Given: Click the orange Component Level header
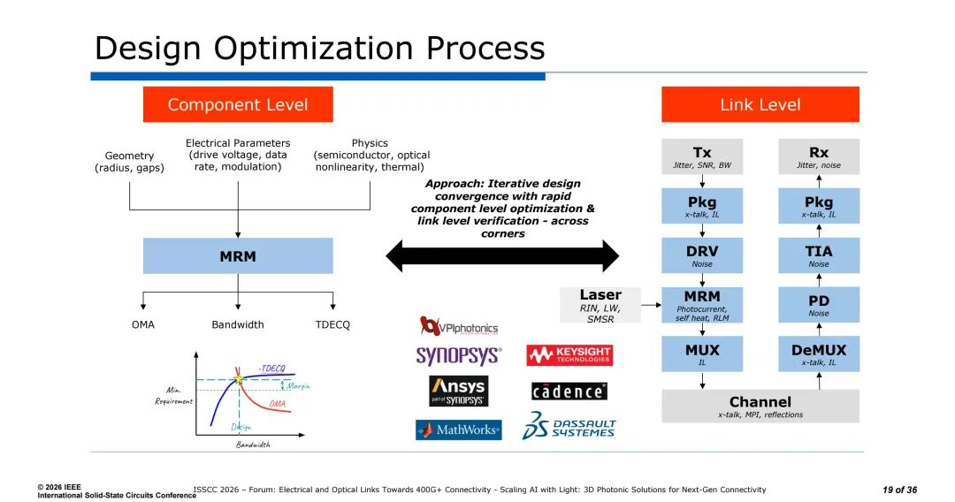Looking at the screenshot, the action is click(x=238, y=104).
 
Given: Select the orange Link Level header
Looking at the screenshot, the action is click(x=760, y=104).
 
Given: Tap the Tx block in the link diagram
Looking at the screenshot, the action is click(x=702, y=156).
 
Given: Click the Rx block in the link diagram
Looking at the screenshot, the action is click(x=819, y=156).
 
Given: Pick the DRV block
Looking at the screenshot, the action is click(x=702, y=255).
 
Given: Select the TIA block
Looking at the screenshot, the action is click(x=819, y=255).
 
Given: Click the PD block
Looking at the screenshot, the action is click(x=819, y=304).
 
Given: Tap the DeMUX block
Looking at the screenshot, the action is click(x=819, y=354).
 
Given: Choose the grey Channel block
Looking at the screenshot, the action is click(x=760, y=406).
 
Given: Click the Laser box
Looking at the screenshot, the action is click(x=600, y=305).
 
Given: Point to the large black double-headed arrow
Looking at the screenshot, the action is click(x=502, y=256).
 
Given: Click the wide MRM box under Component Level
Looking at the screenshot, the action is click(x=238, y=256).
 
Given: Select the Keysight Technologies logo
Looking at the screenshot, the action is click(x=569, y=355).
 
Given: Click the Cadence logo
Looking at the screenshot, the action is click(x=569, y=391).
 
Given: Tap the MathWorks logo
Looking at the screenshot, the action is click(x=458, y=430).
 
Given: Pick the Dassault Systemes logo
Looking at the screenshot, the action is click(x=569, y=426).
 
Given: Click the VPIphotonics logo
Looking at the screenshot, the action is click(x=458, y=327).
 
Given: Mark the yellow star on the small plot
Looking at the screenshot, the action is click(x=238, y=380).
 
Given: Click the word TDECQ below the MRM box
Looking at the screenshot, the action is click(x=332, y=324).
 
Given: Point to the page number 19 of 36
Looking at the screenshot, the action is click(x=899, y=490).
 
